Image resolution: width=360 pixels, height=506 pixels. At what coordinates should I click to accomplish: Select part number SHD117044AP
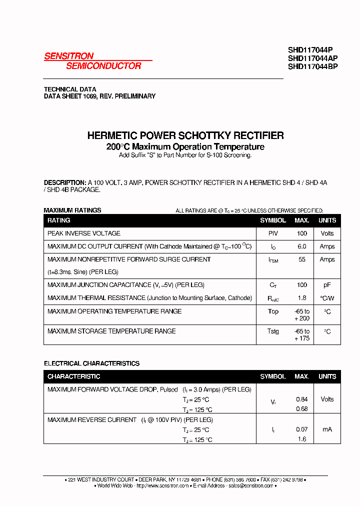pyautogui.click(x=312, y=58)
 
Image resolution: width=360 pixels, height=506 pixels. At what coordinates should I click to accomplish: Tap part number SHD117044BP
pyautogui.click(x=312, y=66)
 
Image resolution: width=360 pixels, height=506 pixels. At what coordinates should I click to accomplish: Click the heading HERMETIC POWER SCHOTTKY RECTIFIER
pyautogui.click(x=185, y=135)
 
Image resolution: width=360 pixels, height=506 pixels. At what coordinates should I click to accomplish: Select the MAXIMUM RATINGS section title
pyautogui.click(x=72, y=210)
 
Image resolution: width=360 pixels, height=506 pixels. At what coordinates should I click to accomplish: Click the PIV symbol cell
pyautogui.click(x=273, y=233)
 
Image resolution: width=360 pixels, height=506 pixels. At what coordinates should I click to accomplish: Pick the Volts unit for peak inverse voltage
pyautogui.click(x=327, y=233)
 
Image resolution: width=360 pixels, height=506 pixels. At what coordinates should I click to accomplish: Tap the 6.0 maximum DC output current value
pyautogui.click(x=301, y=246)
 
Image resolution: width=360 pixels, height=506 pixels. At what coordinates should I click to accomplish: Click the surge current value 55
pyautogui.click(x=301, y=259)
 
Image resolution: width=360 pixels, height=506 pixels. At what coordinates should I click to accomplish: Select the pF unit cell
pyautogui.click(x=327, y=285)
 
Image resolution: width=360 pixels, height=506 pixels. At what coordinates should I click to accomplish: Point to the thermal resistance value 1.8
pyautogui.click(x=301, y=298)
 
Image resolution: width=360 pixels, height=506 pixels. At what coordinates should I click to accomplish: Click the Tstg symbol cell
pyautogui.click(x=273, y=331)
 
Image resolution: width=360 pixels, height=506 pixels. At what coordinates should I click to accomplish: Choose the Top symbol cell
pyautogui.click(x=273, y=311)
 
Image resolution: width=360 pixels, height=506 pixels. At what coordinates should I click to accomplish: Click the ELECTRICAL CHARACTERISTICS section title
pyautogui.click(x=91, y=363)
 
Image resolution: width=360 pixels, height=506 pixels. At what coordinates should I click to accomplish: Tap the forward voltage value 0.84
pyautogui.click(x=301, y=399)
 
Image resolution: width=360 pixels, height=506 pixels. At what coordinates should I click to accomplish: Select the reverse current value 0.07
pyautogui.click(x=301, y=429)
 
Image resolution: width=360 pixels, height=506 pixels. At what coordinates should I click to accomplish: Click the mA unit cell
pyautogui.click(x=327, y=429)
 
